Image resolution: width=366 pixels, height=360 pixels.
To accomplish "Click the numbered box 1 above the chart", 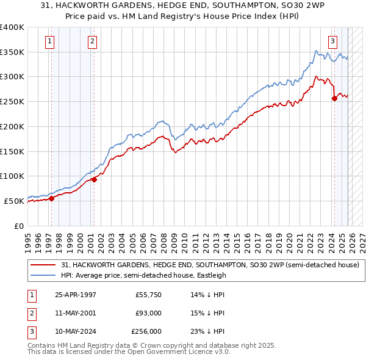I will (49, 41).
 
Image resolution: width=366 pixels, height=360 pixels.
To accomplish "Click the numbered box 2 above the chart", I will (91, 41).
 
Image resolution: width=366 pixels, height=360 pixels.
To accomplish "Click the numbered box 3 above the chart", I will (332, 41).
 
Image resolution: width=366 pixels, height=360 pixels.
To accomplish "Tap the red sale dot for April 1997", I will (52, 198).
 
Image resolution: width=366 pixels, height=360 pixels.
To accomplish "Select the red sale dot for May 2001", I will (94, 179).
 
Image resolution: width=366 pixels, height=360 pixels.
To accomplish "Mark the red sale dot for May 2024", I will (334, 98).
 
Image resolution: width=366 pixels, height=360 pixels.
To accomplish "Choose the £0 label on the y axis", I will (18, 226).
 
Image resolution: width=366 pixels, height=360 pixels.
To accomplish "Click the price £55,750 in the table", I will (149, 295).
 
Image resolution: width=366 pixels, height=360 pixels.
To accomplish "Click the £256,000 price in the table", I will (146, 331).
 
